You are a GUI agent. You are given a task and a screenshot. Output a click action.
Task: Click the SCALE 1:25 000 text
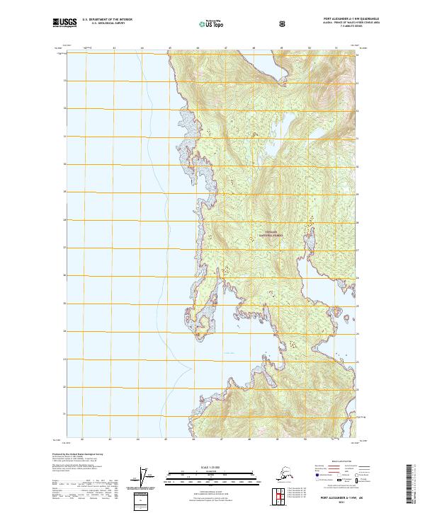tap(212, 466)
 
